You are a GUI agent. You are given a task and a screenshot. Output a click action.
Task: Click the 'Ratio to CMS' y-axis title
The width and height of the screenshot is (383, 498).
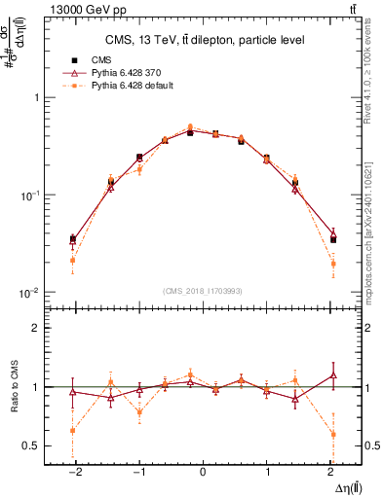pos(13,386)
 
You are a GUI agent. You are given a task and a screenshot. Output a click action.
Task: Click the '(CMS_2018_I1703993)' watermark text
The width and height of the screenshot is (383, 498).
pos(203,291)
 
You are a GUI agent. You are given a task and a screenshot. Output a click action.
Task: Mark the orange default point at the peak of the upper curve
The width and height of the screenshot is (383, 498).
pos(190,126)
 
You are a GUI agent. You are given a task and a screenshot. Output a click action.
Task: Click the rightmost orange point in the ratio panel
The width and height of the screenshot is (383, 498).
pos(333,434)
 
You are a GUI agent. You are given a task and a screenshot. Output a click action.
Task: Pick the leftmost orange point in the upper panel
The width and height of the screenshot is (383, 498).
pos(72,260)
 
